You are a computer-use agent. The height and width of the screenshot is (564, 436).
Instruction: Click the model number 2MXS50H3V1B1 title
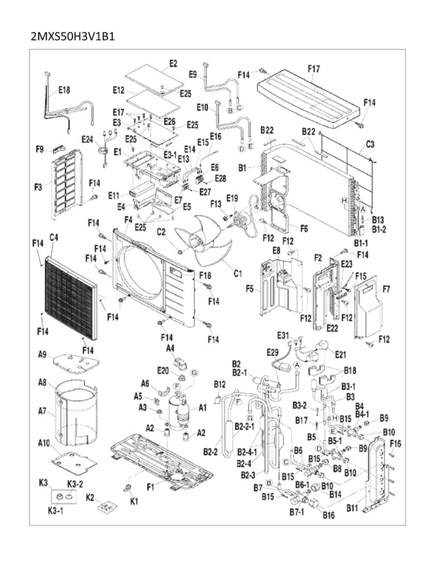pyautogui.click(x=73, y=37)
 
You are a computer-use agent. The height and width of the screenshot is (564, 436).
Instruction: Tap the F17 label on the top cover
pyautogui.click(x=314, y=69)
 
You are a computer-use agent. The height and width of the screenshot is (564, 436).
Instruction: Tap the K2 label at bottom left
pyautogui.click(x=90, y=497)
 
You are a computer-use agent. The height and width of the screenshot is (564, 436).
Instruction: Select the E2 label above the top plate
pyautogui.click(x=173, y=63)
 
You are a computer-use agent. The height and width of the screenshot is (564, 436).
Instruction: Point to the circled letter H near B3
pyautogui.click(x=335, y=417)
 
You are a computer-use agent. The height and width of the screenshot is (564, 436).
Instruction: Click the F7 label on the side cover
pyautogui.click(x=386, y=289)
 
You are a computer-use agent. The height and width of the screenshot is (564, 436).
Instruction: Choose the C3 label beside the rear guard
pyautogui.click(x=370, y=144)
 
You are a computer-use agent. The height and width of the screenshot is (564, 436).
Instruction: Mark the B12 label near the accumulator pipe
pyautogui.click(x=219, y=384)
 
